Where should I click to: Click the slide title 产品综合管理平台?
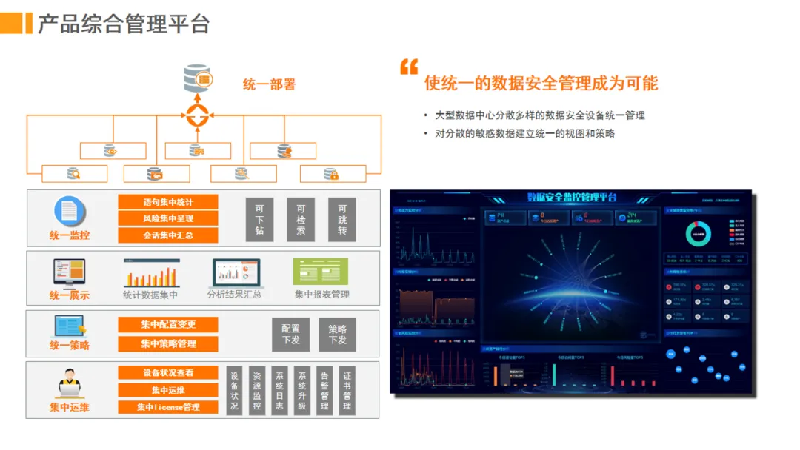pos(123,24)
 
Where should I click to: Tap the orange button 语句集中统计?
pos(167,202)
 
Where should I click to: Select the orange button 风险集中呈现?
pos(167,218)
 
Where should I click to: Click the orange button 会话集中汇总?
pos(167,235)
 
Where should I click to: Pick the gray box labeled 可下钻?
pos(259,219)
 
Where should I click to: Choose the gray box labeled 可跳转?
pos(342,219)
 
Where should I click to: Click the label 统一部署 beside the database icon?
pos(269,84)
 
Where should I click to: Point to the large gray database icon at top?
pos(198,78)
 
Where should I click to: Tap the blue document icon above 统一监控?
pos(70,212)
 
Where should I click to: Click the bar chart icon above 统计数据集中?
pos(151,273)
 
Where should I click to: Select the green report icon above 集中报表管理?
pos(321,272)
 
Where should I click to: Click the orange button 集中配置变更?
pos(167,325)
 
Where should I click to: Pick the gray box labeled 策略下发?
pos(337,335)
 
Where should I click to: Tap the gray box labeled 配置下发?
pos(291,335)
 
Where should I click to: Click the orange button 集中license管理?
pos(167,407)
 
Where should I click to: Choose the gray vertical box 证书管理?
pos(347,391)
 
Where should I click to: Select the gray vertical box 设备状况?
pos(234,391)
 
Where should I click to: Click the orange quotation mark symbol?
pos(409,67)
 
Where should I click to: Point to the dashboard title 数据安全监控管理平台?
pos(571,198)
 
